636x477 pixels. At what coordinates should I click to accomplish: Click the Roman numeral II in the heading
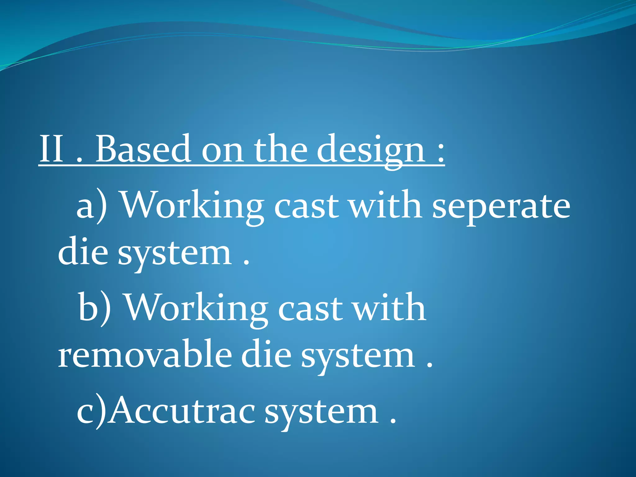[52, 149]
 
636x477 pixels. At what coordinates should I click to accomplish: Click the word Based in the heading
[143, 149]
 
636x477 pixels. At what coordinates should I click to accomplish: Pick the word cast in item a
[306, 207]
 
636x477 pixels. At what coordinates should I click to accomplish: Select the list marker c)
[91, 411]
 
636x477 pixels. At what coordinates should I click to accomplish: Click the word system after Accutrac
[321, 413]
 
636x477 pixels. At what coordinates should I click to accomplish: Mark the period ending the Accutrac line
[393, 421]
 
